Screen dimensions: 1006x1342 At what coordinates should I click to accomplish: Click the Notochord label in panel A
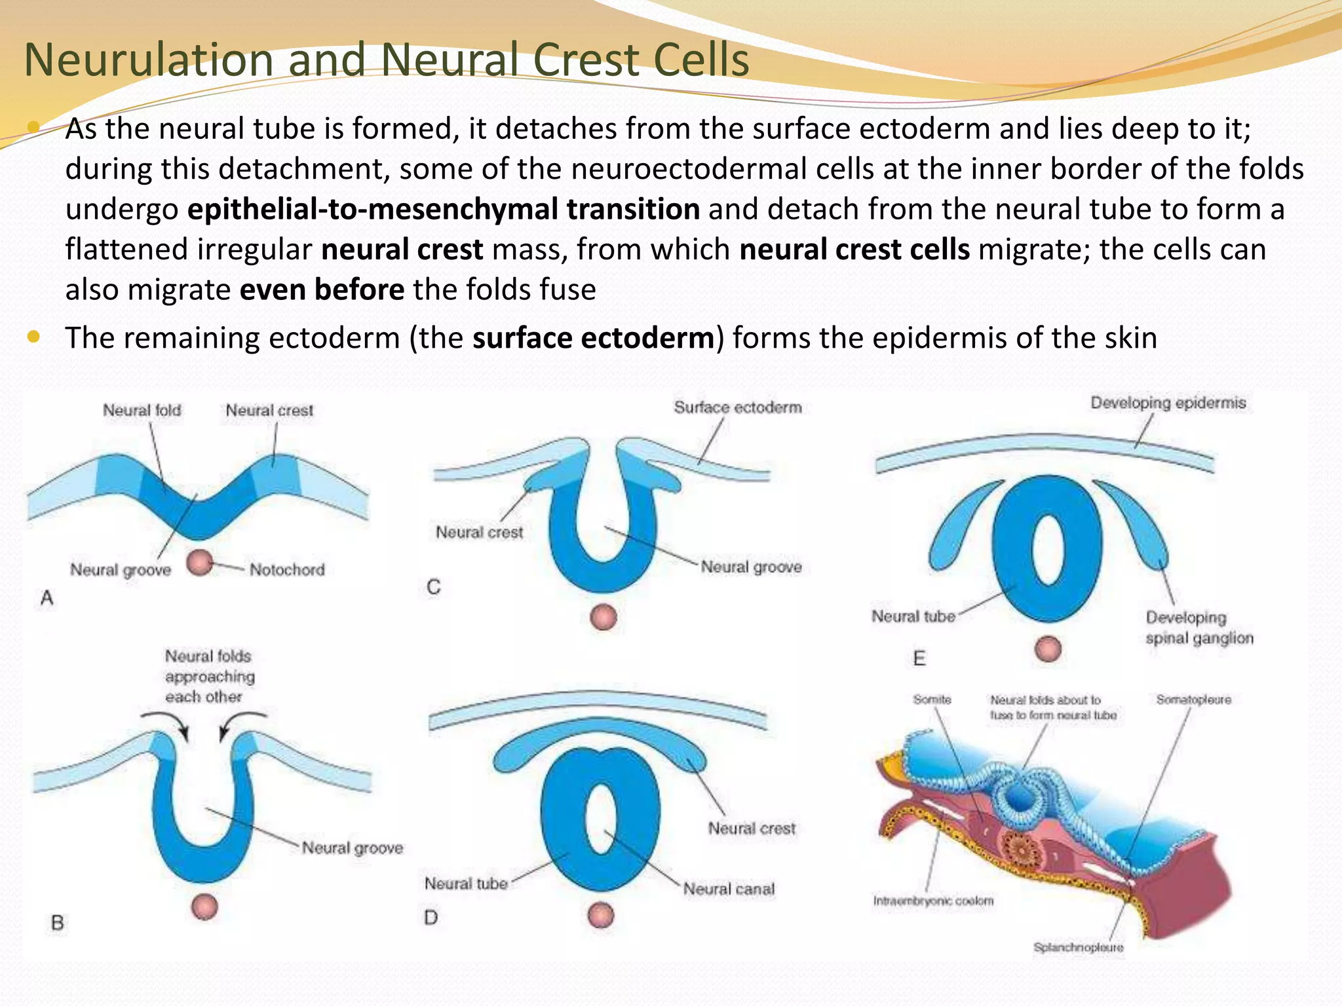(x=286, y=570)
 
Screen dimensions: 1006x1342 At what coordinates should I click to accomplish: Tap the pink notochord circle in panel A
(x=200, y=562)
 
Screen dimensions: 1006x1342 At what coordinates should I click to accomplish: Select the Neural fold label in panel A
(x=142, y=411)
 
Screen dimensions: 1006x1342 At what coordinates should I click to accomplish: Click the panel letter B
(x=58, y=923)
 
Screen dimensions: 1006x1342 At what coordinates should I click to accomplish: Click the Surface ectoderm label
(x=738, y=407)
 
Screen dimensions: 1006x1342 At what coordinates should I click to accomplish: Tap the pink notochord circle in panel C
(x=604, y=617)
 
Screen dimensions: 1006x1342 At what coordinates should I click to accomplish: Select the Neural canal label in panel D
(x=729, y=889)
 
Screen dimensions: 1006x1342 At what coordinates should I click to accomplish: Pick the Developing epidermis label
(x=1168, y=403)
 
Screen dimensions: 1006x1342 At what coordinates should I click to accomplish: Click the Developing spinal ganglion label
(x=1198, y=627)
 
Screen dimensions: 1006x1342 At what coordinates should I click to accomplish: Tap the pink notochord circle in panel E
(x=1048, y=649)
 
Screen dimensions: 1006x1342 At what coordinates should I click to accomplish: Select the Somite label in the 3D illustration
(x=932, y=699)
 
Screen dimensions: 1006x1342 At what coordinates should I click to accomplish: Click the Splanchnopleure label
(x=1078, y=947)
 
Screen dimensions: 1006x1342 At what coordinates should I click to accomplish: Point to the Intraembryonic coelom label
(x=933, y=901)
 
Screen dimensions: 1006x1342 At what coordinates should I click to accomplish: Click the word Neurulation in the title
(x=148, y=60)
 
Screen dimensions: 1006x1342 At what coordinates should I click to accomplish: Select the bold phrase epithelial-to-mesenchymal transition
(x=444, y=209)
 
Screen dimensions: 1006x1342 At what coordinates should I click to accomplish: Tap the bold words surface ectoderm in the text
(x=593, y=338)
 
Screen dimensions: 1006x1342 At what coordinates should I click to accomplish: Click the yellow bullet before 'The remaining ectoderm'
(x=34, y=337)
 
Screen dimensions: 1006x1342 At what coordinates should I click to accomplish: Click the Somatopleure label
(x=1193, y=699)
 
